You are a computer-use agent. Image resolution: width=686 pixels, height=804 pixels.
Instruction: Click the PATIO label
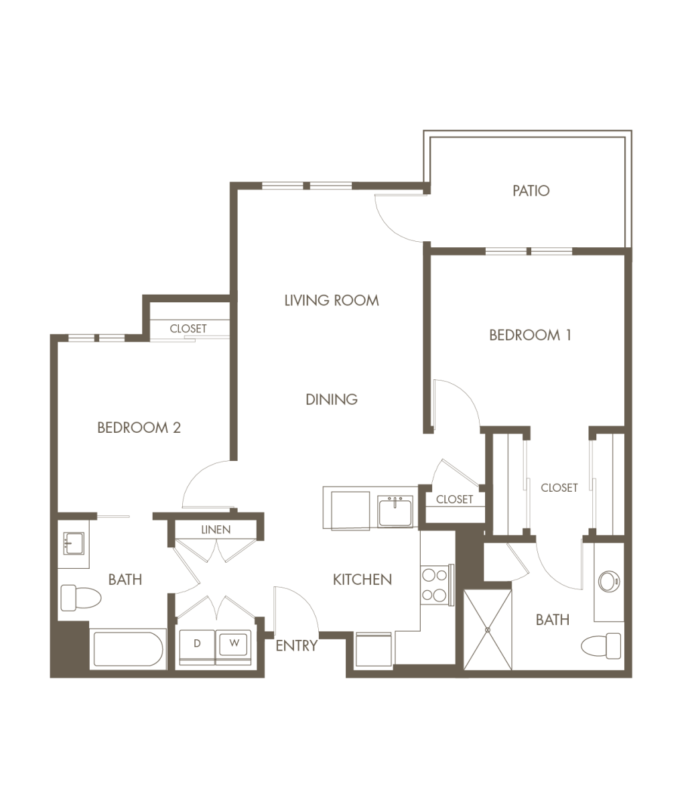(531, 190)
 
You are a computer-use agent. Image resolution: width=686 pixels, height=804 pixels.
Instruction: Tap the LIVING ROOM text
(332, 300)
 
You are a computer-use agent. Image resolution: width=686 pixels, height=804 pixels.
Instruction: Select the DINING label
(332, 399)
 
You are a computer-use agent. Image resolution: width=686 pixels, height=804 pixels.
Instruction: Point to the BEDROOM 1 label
(530, 335)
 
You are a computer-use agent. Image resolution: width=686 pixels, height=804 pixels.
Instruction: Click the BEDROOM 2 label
(139, 427)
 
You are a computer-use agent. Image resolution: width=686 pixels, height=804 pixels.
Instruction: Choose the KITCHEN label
(362, 580)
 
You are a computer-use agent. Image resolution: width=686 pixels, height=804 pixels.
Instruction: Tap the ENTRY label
(296, 646)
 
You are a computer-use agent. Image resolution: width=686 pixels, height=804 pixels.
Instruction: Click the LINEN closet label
(216, 529)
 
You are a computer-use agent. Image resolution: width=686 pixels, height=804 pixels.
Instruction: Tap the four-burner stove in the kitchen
(435, 585)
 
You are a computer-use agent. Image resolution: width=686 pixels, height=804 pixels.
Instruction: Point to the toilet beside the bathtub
(81, 598)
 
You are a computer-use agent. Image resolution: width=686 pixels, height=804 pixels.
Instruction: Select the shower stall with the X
(488, 630)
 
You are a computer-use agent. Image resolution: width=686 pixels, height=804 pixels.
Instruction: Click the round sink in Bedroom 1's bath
(608, 581)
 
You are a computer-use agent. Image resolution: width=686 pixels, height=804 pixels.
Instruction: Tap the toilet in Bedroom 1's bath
(600, 646)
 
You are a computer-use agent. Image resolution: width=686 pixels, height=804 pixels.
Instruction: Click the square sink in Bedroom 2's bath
(74, 543)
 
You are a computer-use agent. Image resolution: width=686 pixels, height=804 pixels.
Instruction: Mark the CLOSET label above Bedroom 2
(188, 329)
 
